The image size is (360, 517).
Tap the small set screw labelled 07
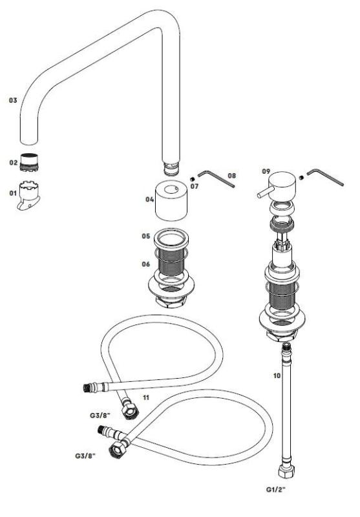pos(193,178)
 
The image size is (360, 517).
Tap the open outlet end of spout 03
pos(30,142)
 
